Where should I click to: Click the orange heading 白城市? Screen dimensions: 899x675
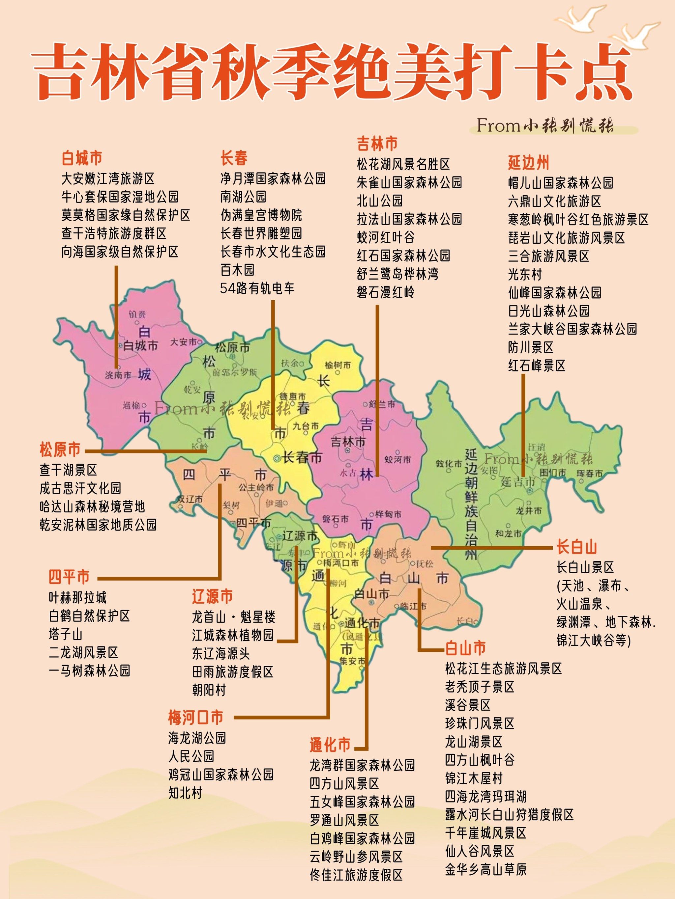point(82,158)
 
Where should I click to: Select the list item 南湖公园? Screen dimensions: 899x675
point(243,197)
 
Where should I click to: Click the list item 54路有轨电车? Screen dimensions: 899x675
point(257,288)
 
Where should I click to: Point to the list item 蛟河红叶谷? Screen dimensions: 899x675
point(385,237)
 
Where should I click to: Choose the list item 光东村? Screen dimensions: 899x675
point(525,274)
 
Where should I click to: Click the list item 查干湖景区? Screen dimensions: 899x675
point(68,470)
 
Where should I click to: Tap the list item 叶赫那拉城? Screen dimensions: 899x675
point(77,597)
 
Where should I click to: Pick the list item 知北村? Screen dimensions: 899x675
point(185,793)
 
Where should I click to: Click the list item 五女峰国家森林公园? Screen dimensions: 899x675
point(362,802)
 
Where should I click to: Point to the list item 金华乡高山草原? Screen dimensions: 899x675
point(485,869)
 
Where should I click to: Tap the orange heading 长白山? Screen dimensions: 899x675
point(576,547)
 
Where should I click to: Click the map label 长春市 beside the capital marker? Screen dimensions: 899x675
point(302,458)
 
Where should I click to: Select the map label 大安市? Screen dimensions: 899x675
point(183,342)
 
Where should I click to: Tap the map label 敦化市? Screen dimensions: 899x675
point(449,464)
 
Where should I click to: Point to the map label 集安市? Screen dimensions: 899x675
point(352,661)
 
